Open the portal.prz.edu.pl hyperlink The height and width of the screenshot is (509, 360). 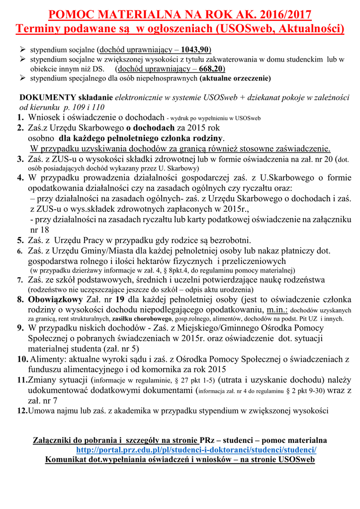[196, 450]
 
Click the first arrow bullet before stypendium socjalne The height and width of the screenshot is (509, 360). [22, 50]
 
